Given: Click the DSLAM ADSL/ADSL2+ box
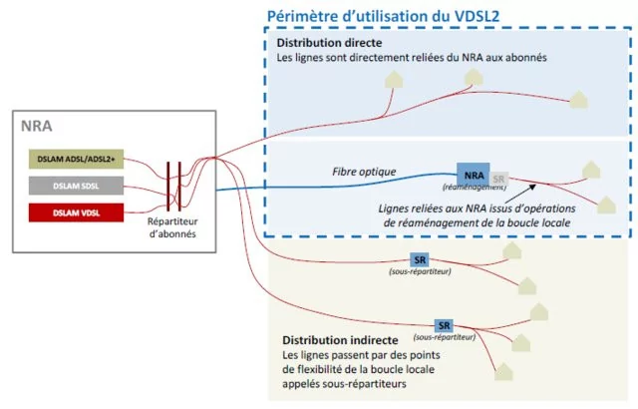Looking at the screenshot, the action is pos(76,160).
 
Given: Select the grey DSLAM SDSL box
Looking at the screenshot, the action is pos(76,186).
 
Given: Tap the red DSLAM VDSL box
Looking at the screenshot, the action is pos(76,212).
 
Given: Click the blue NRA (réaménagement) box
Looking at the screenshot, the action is pos(473,175).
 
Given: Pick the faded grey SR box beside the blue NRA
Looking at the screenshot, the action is pos(498,180).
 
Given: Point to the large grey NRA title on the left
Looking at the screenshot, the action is pos(37,126).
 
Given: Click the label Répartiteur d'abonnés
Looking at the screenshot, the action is pos(172,227).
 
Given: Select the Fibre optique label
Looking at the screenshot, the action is pos(364,172).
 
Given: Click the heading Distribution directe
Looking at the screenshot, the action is pos(329,43).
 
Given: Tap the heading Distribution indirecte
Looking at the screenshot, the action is pos(340,340).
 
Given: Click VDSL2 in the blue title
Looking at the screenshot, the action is pos(477,16).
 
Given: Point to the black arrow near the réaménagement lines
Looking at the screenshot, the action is pos(519,194).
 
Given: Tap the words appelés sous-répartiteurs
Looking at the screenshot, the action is pos(344,384).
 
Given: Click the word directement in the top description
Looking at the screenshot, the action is pos(370,58).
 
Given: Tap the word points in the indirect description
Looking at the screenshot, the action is pos(424,355).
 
